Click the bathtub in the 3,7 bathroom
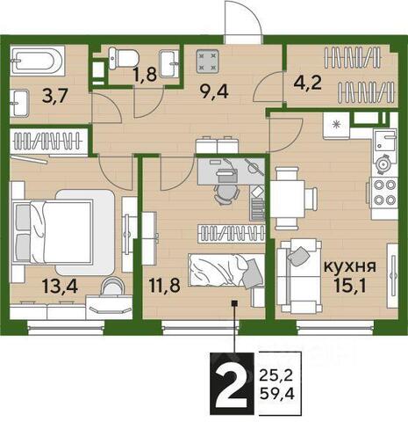37,61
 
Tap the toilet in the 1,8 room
123,58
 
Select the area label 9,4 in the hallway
214,91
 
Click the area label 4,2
308,83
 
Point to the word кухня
350,267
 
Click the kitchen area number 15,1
350,286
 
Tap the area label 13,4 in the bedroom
60,286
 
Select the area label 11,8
164,285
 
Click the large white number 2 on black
232,384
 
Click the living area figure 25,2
276,375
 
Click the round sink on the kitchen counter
383,164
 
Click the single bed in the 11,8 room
226,269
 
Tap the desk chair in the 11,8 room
227,194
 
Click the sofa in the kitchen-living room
298,276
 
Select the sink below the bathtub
19,103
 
